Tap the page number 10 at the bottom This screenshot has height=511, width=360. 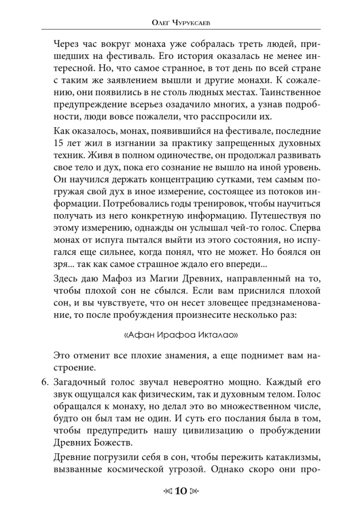pyautogui.click(x=180, y=492)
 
